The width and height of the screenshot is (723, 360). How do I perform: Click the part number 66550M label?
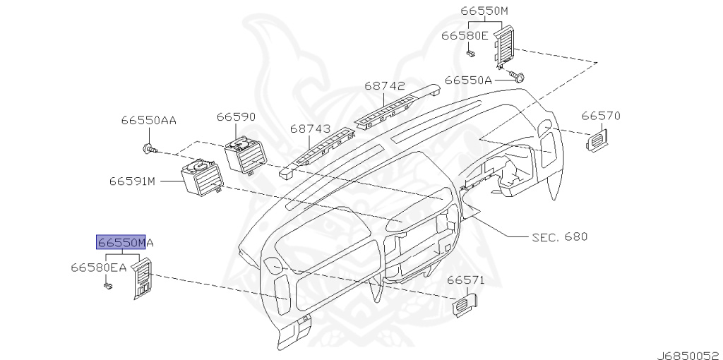point(484,11)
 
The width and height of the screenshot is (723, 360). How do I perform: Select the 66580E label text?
point(465,35)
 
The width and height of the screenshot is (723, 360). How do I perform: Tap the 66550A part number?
point(468,80)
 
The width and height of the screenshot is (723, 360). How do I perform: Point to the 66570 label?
point(601,115)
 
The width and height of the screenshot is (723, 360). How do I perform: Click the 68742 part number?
point(385,86)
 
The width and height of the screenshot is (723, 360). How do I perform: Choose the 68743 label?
point(310,129)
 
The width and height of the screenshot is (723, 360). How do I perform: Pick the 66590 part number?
point(236,116)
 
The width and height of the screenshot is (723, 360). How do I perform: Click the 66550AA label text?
point(148,120)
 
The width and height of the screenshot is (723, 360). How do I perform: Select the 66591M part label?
point(131,181)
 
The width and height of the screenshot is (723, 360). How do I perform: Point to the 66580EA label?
point(98,268)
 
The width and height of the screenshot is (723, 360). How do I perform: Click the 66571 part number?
point(466,280)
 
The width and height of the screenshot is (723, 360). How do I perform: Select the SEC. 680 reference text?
point(559,236)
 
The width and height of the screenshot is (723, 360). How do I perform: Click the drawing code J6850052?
point(689,349)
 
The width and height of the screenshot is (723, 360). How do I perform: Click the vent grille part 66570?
point(598,140)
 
